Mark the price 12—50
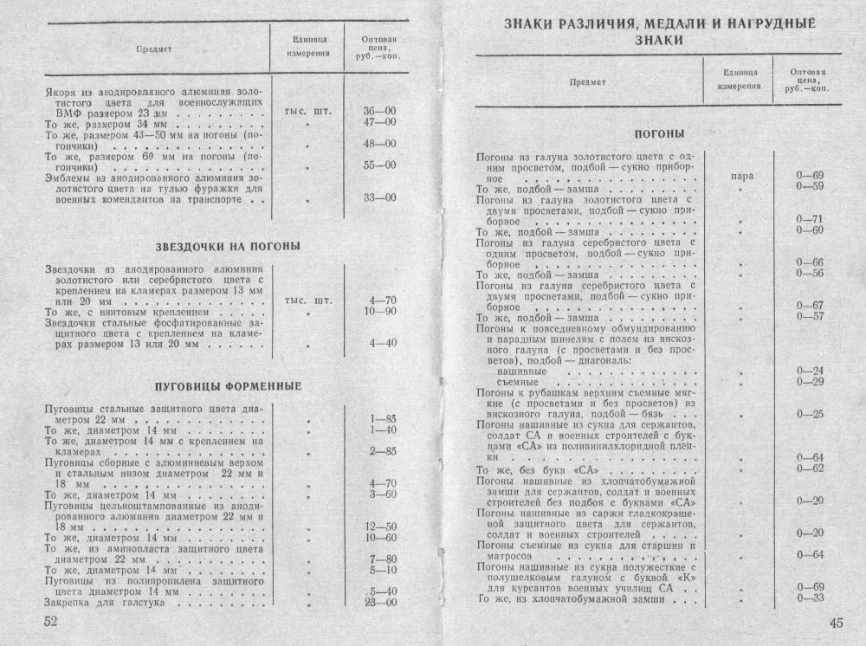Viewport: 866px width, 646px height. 382,526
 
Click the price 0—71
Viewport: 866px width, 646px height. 808,218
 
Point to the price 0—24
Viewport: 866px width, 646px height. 808,371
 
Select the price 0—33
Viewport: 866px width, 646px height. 808,598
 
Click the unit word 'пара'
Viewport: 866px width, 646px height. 741,176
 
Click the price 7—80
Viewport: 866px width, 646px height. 382,559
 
